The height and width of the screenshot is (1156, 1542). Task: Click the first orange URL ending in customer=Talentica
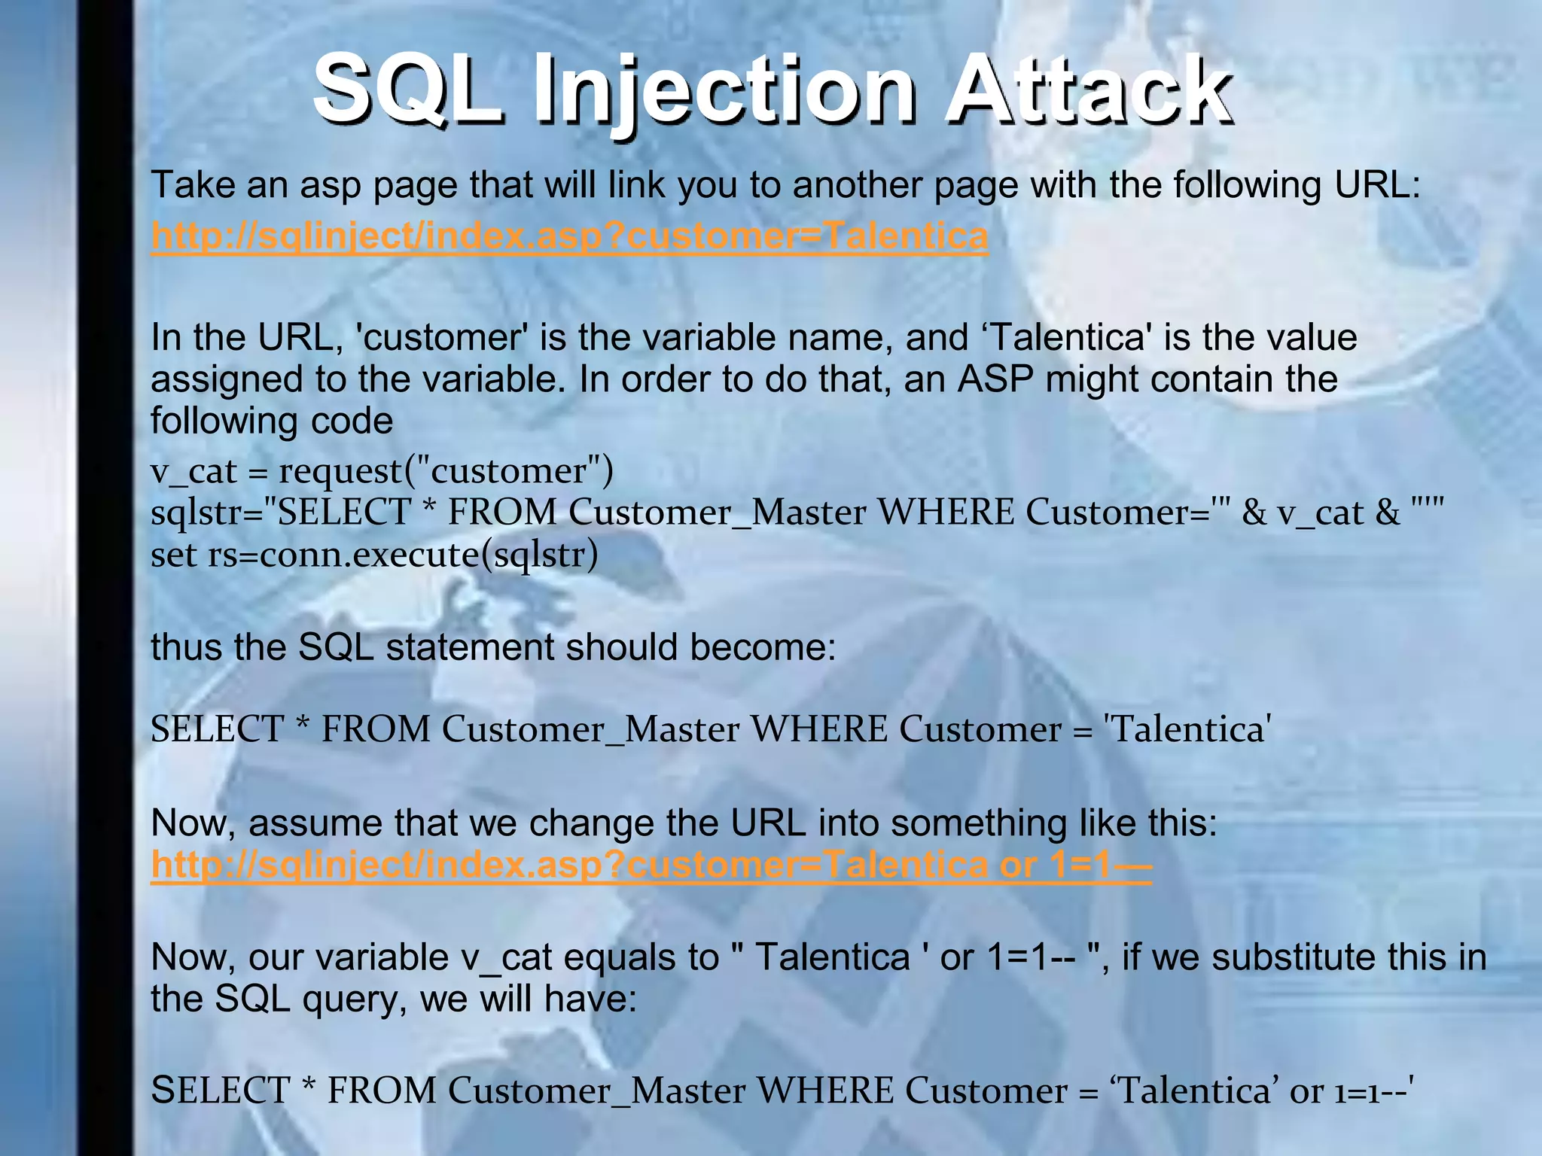coord(569,236)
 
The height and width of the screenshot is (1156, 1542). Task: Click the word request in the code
coord(340,472)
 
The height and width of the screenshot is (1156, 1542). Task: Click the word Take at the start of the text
coord(193,185)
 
